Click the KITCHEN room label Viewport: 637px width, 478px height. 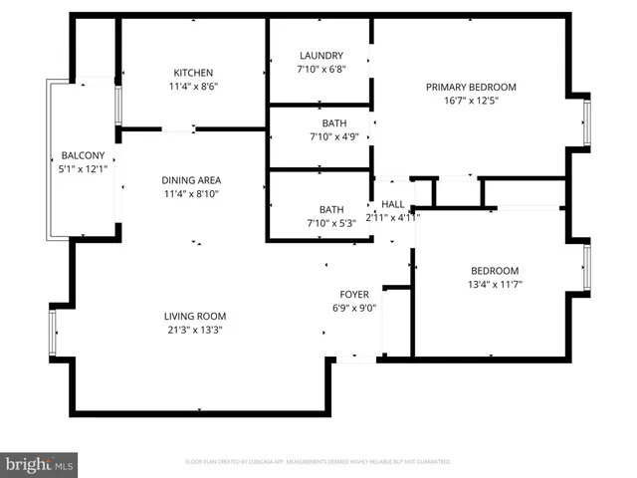[x=193, y=73]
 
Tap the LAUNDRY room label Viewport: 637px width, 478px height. [x=321, y=56]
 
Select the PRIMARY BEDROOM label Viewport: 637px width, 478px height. [x=471, y=87]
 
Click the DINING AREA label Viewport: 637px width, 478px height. [x=190, y=180]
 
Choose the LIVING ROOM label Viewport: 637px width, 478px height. [x=193, y=317]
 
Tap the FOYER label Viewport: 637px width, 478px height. [x=355, y=294]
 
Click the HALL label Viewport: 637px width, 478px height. [x=393, y=204]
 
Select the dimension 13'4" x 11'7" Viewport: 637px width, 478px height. [x=495, y=284]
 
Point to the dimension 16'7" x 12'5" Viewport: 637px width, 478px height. [x=471, y=100]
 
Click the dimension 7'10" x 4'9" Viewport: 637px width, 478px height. [x=321, y=135]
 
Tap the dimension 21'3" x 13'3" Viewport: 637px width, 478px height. [x=193, y=330]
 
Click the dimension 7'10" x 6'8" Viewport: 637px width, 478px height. [x=321, y=69]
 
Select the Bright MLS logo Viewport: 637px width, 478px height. [x=40, y=464]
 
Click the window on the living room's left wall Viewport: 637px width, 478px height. [x=53, y=333]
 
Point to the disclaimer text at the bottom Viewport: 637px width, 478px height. [x=318, y=462]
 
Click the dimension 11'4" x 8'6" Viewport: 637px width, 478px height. [x=193, y=86]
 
